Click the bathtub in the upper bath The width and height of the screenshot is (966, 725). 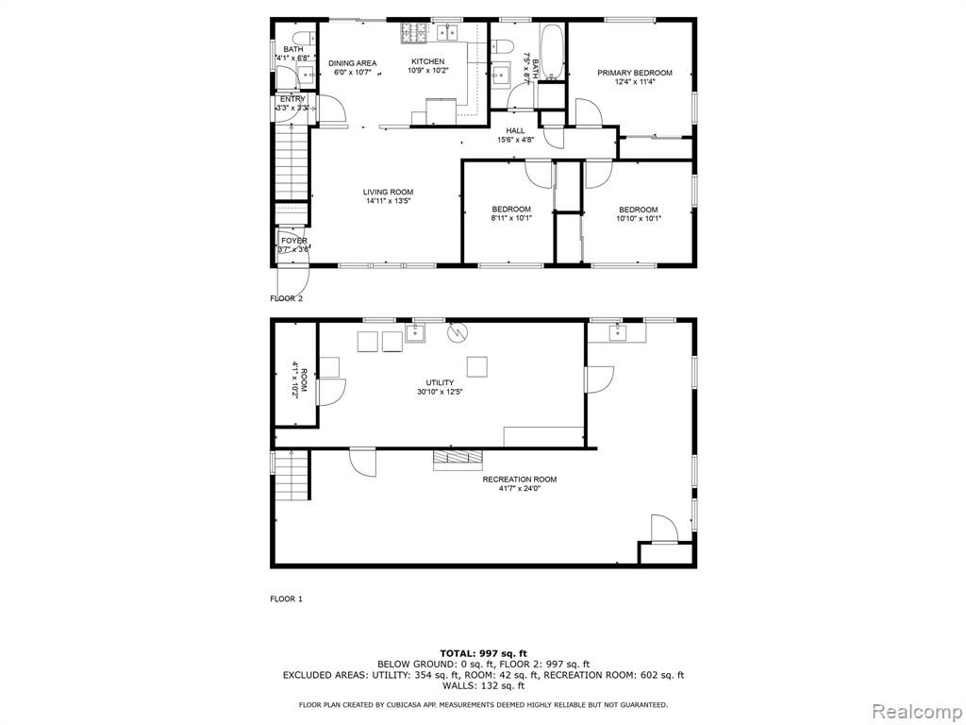click(x=553, y=52)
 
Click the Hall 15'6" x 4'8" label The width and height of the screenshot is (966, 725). click(x=516, y=135)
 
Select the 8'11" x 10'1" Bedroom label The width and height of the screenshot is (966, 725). click(x=511, y=213)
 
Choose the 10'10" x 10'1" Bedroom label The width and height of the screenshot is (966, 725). click(x=639, y=213)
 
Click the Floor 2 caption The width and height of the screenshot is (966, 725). click(x=287, y=299)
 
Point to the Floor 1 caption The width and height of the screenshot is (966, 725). click(x=287, y=599)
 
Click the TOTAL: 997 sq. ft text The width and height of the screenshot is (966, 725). click(x=484, y=653)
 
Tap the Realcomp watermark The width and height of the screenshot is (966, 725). click(x=917, y=712)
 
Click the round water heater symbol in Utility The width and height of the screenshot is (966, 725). click(x=458, y=332)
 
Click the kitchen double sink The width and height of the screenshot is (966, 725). click(x=447, y=33)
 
